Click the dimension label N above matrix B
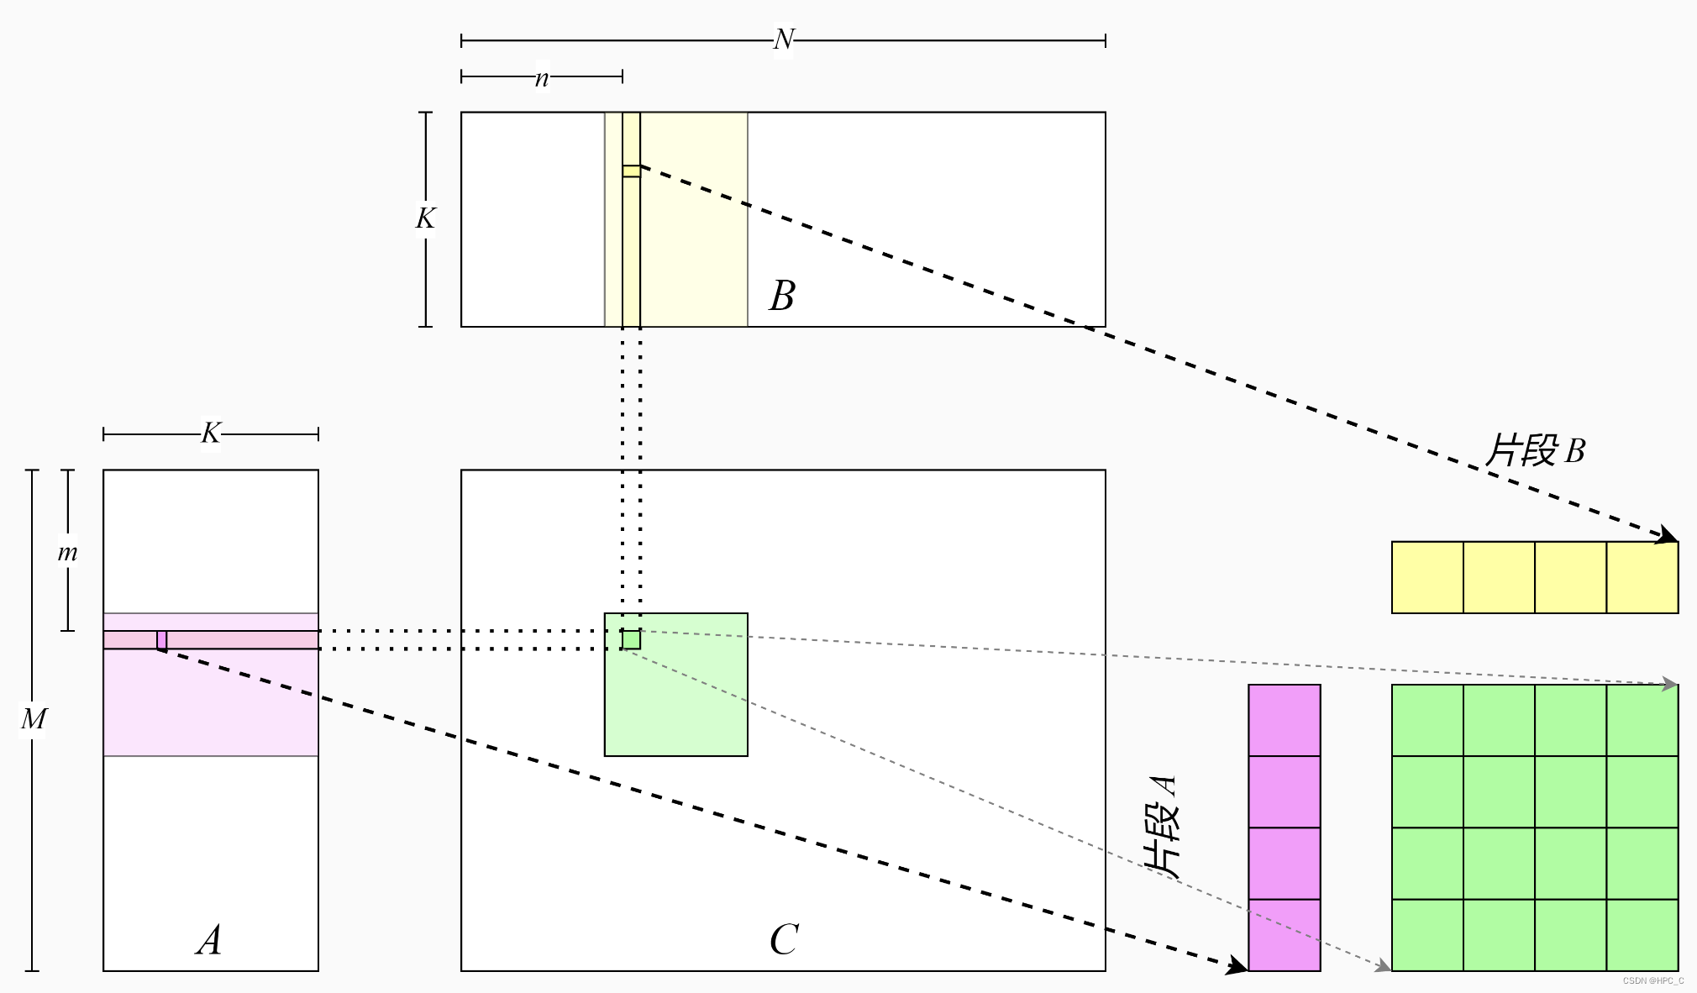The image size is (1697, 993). coord(783,39)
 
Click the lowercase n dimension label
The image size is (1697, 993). coord(542,78)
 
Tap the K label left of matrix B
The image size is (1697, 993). coord(425,218)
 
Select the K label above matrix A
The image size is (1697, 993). coord(210,433)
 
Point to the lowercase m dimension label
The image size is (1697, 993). coord(67,553)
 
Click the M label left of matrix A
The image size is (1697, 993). coord(34,719)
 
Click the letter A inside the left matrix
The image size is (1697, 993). coord(209,940)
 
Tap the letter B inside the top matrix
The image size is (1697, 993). coord(781,296)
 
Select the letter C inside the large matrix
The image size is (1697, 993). coord(783,940)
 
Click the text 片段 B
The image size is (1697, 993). coord(1535,451)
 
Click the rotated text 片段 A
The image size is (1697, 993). coord(1163,827)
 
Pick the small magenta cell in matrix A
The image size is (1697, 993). coord(161,640)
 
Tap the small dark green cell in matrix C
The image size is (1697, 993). coord(631,640)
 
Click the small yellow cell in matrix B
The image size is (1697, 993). coord(631,171)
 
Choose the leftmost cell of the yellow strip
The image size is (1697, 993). coord(1427,578)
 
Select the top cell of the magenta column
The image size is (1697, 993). coord(1284,721)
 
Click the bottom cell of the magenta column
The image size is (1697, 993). coord(1284,935)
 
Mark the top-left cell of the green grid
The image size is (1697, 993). coord(1427,721)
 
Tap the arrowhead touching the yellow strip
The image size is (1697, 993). coord(1665,535)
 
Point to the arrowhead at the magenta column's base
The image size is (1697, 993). coord(1236,966)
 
